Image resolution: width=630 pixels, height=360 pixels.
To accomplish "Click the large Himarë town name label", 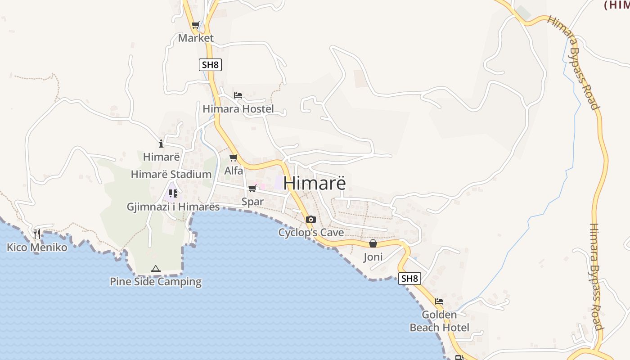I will click(x=315, y=184).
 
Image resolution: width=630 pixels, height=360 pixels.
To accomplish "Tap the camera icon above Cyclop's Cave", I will click(x=310, y=220).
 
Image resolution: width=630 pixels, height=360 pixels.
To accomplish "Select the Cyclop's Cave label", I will click(x=310, y=233).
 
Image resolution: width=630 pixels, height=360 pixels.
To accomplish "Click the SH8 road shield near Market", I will click(x=210, y=64).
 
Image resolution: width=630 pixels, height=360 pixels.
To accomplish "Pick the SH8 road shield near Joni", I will click(x=409, y=279).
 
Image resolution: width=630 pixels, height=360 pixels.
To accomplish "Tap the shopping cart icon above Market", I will click(x=195, y=25).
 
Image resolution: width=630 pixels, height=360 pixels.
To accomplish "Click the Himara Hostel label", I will click(x=238, y=109).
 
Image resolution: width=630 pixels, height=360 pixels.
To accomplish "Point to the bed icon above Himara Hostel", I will click(x=238, y=95).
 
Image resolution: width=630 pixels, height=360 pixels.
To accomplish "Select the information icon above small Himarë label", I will click(x=161, y=144).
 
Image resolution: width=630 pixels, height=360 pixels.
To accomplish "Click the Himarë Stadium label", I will click(x=171, y=175).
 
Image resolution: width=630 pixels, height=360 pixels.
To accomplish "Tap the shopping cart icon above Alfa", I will click(x=234, y=157).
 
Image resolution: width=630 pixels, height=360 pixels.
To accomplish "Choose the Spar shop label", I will click(x=252, y=202).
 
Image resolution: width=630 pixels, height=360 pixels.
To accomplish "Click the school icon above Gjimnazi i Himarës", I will click(x=173, y=193).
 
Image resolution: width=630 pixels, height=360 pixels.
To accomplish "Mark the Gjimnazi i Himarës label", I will click(x=173, y=207).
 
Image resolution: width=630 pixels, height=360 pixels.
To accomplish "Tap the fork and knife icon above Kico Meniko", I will click(x=37, y=234).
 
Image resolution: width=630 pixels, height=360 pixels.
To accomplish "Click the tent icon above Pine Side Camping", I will click(x=156, y=269).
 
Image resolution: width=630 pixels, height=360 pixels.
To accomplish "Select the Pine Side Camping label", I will click(x=156, y=282).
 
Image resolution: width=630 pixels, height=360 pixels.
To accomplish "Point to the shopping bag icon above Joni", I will click(x=373, y=243).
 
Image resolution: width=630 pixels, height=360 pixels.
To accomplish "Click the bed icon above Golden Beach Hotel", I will click(x=439, y=301).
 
